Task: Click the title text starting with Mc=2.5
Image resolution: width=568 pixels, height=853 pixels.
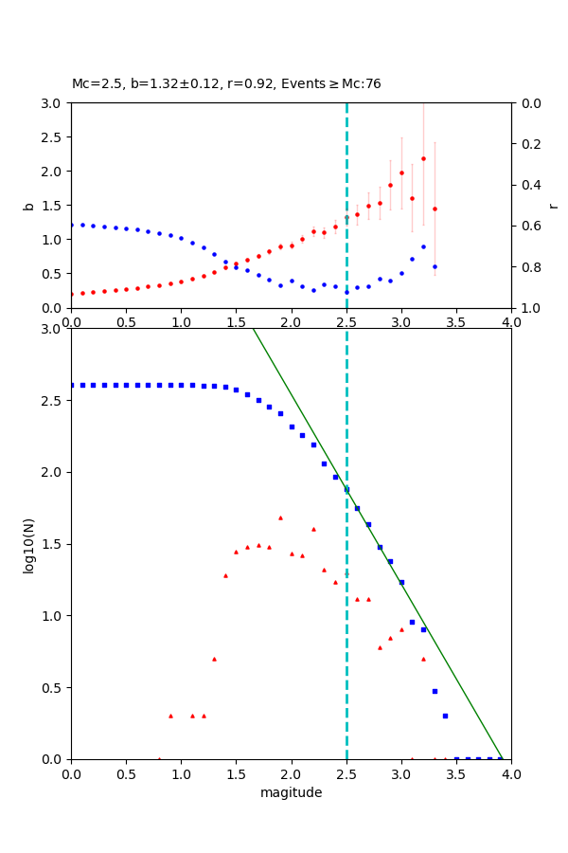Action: point(226,83)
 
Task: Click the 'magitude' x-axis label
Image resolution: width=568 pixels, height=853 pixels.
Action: point(291,792)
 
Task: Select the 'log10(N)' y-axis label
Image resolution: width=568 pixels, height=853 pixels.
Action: point(28,544)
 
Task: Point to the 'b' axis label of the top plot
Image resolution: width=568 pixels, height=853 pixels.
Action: point(28,205)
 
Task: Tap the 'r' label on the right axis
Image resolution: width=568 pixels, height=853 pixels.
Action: point(554,205)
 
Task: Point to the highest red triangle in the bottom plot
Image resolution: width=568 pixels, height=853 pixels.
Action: point(280,517)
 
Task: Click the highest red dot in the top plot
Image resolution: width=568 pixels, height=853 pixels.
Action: point(423,158)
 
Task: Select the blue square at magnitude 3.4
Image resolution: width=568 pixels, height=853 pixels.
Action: point(445,716)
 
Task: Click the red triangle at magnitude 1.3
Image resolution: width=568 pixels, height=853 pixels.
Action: point(214,659)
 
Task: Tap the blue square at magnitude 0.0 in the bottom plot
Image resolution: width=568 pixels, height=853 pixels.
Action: point(71,385)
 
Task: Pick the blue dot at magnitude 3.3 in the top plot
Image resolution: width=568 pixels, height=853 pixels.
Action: point(435,266)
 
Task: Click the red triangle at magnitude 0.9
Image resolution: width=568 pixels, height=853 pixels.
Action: point(170,716)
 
